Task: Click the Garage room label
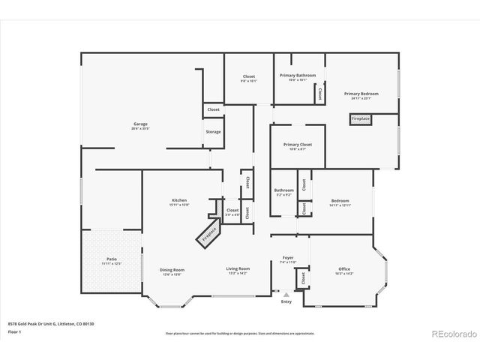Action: tap(140, 125)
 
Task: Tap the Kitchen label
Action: tap(179, 201)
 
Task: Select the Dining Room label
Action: tap(172, 270)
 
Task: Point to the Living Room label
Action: tap(238, 269)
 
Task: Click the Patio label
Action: tap(111, 259)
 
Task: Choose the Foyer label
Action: tap(288, 259)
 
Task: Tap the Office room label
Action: tap(344, 269)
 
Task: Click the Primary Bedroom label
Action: tap(361, 94)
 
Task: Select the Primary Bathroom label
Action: tap(298, 76)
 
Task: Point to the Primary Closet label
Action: tap(298, 145)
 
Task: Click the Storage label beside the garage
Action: tap(213, 132)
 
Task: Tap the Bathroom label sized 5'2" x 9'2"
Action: tap(283, 191)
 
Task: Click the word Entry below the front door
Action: tap(286, 301)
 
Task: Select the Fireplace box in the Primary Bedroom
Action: tap(361, 118)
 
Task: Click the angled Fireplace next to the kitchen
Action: tap(209, 234)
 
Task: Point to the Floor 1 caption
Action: tap(14, 331)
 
